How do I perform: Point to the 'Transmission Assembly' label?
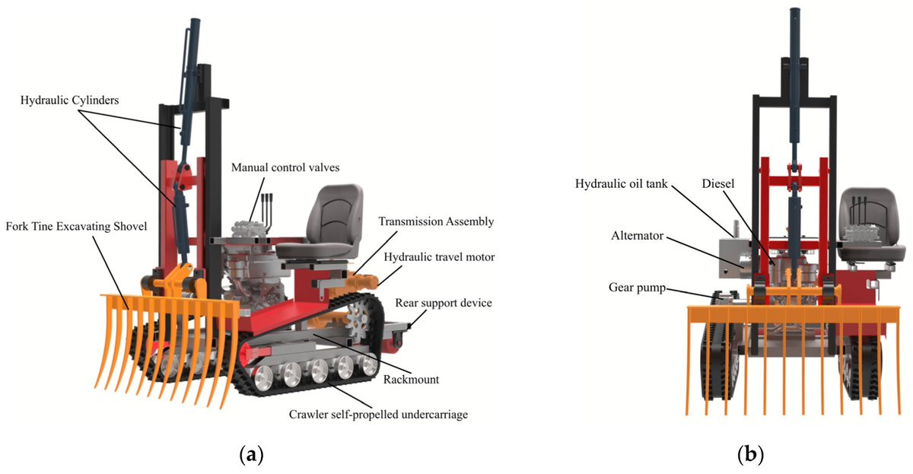pyautogui.click(x=437, y=221)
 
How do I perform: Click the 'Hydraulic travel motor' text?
pyautogui.click(x=440, y=257)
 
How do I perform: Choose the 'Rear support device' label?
pyautogui.click(x=444, y=303)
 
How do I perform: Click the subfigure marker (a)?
pyautogui.click(x=251, y=455)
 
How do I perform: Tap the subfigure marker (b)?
pyautogui.click(x=750, y=455)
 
